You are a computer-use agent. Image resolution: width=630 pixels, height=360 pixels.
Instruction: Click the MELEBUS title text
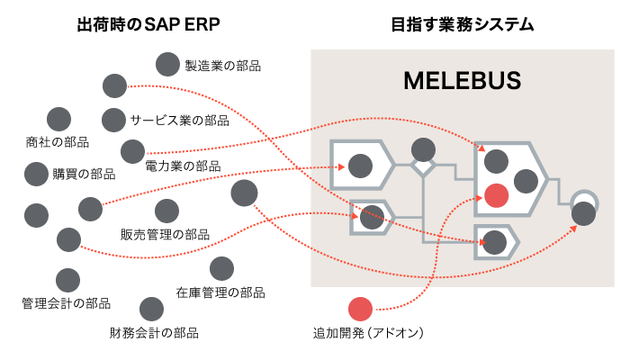(x=462, y=81)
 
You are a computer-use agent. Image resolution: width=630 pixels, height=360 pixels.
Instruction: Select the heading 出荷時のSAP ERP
(x=148, y=24)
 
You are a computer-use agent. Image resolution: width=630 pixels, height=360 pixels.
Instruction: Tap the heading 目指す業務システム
(x=463, y=24)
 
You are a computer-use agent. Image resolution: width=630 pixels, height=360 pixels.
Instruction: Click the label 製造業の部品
(x=222, y=65)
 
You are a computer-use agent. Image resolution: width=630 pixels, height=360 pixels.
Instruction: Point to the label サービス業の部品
(x=179, y=120)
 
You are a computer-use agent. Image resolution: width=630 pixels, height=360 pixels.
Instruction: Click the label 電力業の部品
(x=183, y=166)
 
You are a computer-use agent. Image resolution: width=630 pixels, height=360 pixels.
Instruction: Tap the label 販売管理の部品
(x=165, y=234)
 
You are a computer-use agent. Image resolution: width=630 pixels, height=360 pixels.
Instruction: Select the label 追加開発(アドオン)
(x=368, y=333)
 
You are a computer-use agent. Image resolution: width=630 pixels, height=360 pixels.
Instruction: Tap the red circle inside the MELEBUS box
(x=496, y=194)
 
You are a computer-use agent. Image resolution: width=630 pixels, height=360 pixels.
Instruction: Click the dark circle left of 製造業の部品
(x=167, y=64)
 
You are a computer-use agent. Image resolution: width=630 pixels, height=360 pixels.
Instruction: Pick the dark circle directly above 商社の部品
(x=58, y=118)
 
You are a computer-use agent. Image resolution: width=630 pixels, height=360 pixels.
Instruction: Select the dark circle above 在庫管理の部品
(x=221, y=268)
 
